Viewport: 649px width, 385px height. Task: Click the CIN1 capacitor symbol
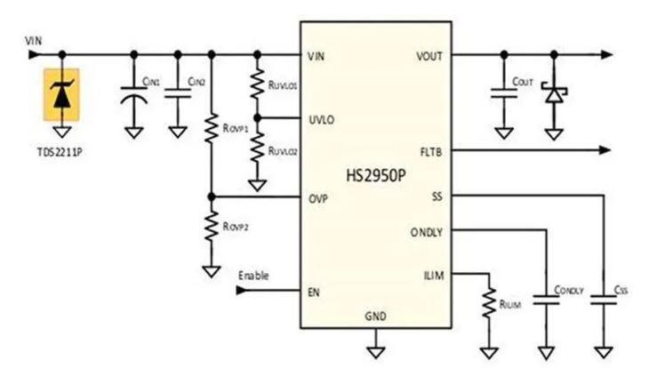pos(134,93)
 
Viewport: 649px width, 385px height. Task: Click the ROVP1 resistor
pos(212,128)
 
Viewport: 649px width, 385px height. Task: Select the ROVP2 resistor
pos(212,228)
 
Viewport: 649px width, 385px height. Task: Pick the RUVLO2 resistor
pos(258,150)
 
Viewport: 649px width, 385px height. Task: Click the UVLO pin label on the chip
pos(320,118)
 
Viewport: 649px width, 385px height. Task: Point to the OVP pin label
pos(317,197)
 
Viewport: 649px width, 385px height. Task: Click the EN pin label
pos(314,290)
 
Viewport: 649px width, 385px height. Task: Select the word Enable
pos(253,276)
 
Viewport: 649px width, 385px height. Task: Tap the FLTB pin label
pos(430,151)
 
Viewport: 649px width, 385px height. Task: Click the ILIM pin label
pos(432,277)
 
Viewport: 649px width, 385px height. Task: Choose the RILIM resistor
pos(488,302)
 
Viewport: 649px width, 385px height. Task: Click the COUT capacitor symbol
pos(503,93)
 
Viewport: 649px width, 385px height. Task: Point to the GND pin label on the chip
pos(376,317)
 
